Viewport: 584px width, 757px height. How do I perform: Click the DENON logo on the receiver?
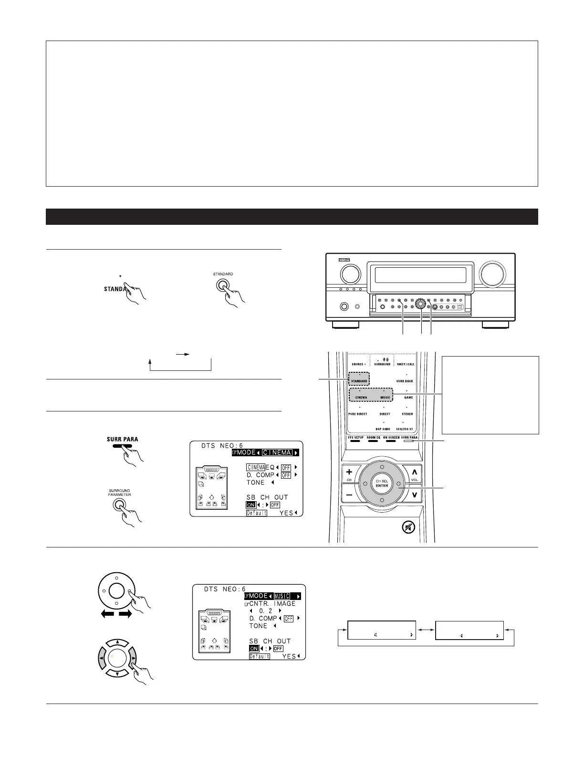344,260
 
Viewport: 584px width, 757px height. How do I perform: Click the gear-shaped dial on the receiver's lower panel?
421,303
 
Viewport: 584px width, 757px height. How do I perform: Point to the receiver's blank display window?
420,275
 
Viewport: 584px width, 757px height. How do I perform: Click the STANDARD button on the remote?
359,381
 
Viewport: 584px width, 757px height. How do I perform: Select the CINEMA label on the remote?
361,397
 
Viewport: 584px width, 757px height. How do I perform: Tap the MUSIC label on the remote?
385,397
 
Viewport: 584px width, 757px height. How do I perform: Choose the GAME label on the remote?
408,397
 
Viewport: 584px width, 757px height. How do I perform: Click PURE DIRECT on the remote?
358,414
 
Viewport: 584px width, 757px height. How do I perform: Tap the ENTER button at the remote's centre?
382,484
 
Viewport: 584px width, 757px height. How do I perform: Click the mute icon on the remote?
409,527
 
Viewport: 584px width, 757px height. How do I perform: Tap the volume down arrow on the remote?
415,495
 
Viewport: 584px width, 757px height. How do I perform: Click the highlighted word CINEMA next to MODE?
277,452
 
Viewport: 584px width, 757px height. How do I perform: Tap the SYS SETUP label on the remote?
355,437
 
